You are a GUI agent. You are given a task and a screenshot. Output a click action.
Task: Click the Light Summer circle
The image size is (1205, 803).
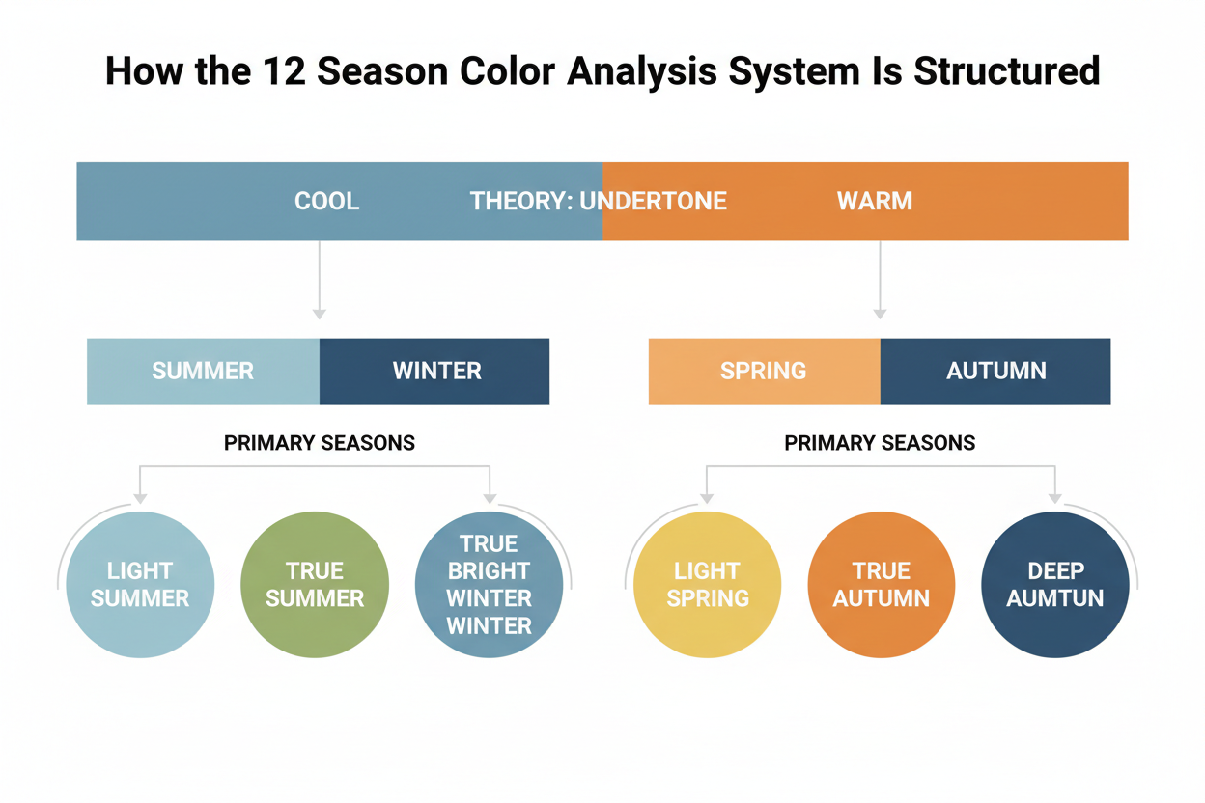coord(140,585)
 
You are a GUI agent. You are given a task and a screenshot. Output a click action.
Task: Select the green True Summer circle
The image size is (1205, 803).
coord(315,585)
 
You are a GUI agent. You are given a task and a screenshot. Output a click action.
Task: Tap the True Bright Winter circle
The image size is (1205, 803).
coord(489,585)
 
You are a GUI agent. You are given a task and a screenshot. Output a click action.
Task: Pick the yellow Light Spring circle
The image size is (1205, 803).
coord(707,585)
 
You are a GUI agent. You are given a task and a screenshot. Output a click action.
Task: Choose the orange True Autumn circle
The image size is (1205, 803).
coord(881,585)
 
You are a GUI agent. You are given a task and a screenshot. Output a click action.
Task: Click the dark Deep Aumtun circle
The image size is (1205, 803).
coord(1055,585)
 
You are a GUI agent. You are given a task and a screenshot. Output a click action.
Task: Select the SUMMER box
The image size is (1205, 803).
coord(203,371)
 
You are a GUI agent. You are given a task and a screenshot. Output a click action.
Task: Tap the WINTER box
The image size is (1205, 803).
coord(435,371)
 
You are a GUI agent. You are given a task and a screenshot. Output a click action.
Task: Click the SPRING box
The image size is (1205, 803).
coord(764,371)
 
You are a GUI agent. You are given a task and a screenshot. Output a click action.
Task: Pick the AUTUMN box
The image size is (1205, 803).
coord(995,371)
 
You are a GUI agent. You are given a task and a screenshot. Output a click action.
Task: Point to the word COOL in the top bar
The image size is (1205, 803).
coord(326,202)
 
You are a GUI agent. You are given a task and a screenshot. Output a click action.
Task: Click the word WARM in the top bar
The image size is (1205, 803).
coord(875,202)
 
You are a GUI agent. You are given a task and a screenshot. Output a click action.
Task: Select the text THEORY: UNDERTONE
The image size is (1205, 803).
coord(598,202)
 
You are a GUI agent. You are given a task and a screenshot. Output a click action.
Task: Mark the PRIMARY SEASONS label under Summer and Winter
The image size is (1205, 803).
coord(320,443)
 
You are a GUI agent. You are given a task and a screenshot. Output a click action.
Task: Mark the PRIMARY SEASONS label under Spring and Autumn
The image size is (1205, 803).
coord(880,443)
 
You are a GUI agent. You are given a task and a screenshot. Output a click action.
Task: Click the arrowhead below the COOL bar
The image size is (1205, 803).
coord(320,314)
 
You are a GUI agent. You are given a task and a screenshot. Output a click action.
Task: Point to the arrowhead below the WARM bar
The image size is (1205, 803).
coord(880,314)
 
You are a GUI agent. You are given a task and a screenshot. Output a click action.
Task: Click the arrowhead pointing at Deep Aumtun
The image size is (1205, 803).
coord(1055,498)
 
